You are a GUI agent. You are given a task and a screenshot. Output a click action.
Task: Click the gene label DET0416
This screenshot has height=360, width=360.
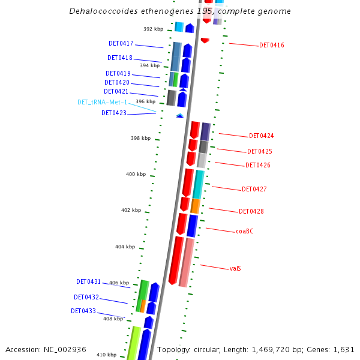click(x=272, y=46)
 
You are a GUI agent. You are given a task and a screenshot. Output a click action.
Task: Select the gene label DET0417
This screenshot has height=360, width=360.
click(x=121, y=44)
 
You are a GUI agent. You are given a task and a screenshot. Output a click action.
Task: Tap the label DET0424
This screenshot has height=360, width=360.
click(x=262, y=136)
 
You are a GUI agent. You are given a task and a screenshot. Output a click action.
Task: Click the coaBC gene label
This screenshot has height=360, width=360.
click(x=244, y=231)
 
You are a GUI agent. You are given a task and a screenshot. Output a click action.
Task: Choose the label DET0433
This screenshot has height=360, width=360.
click(x=83, y=311)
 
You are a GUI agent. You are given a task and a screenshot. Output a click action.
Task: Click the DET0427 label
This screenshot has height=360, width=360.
click(x=254, y=190)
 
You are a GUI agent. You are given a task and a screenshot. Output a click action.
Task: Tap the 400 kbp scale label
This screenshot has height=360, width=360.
click(x=136, y=175)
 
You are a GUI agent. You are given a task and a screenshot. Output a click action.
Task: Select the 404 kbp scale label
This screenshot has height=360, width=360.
click(x=125, y=247)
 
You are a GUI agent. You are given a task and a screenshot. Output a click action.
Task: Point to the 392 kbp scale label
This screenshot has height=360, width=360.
click(x=153, y=29)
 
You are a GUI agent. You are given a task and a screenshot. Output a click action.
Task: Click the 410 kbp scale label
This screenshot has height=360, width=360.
click(x=106, y=355)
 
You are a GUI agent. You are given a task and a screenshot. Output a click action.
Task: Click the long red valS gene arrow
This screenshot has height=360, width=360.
click(x=176, y=260)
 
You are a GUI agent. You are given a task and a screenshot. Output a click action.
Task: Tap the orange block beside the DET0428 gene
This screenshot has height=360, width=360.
click(x=195, y=206)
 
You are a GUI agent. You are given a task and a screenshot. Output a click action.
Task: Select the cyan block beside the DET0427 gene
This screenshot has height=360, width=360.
click(x=199, y=184)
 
